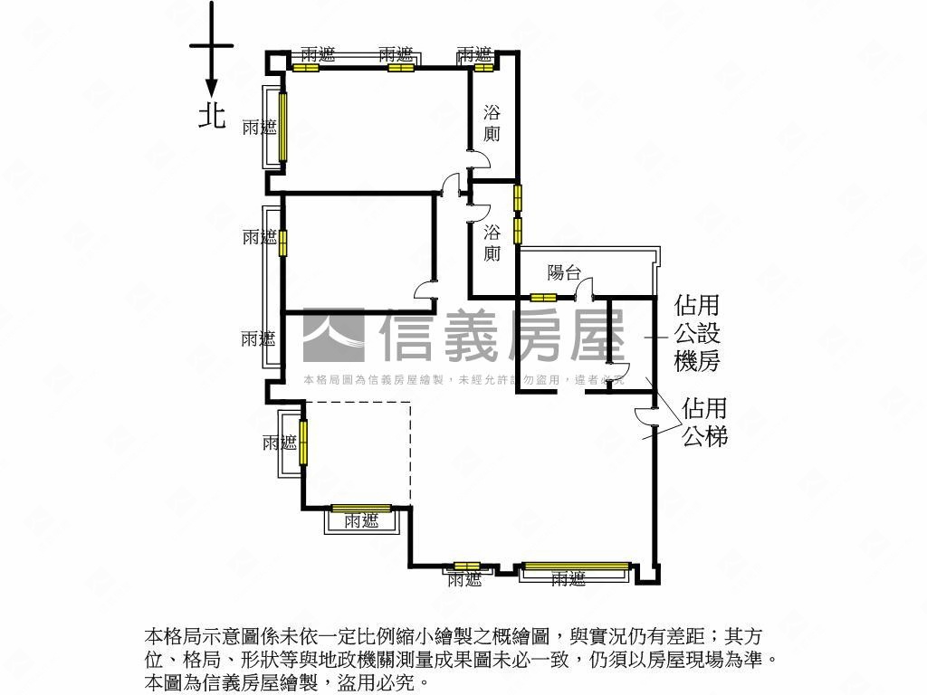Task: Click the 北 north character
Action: [x=212, y=115]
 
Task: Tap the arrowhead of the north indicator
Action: [x=211, y=88]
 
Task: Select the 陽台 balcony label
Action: [x=563, y=272]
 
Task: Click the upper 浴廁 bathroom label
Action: [x=492, y=123]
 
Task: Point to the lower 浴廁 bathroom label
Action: [x=492, y=242]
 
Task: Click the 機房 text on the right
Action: [x=697, y=362]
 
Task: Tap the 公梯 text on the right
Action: [x=705, y=437]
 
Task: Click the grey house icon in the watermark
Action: [x=332, y=336]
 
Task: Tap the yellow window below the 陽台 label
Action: [x=543, y=298]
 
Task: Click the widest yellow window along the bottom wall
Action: [x=576, y=567]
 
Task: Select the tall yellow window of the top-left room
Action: [x=282, y=125]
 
